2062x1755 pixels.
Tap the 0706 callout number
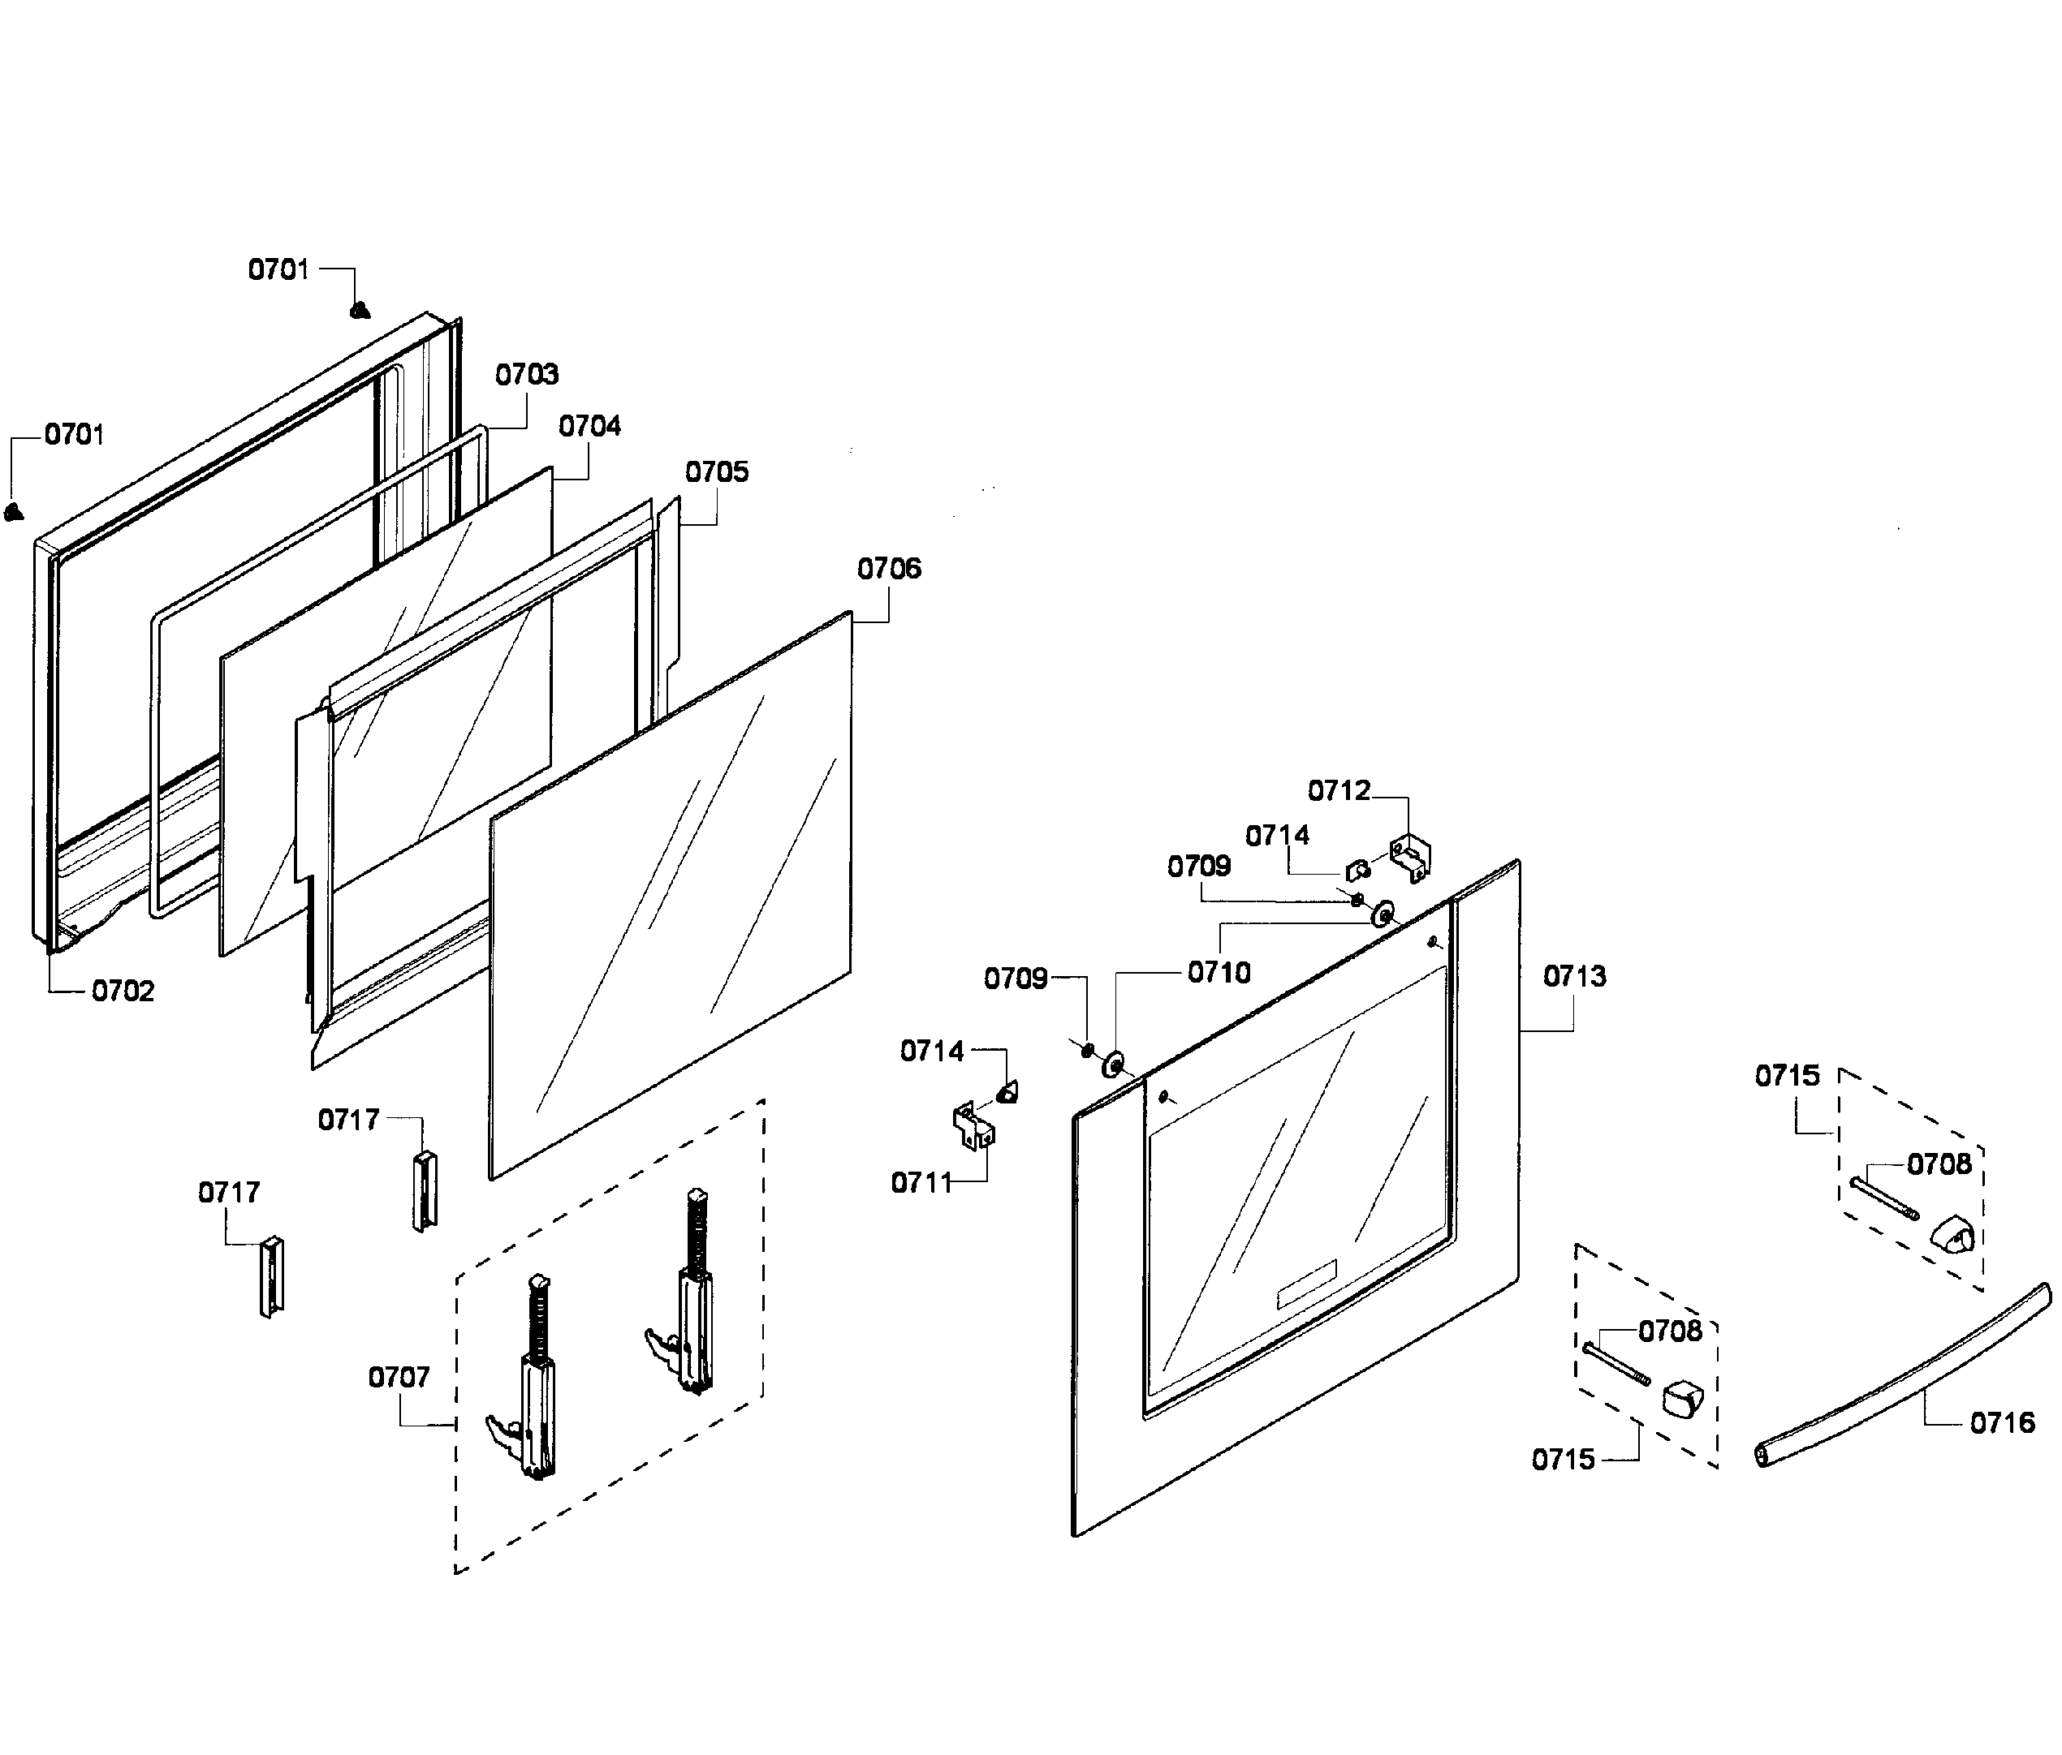889,568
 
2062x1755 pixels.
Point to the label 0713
1574,976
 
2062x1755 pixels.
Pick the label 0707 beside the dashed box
399,1377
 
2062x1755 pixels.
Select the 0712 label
1339,790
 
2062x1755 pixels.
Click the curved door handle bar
1900,1377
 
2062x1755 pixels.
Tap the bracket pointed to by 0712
1411,858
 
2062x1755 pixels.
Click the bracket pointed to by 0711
973,1126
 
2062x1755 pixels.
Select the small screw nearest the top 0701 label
360,311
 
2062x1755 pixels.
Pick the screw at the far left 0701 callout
13,512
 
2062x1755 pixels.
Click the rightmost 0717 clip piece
425,1190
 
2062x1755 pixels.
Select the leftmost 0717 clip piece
272,1276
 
